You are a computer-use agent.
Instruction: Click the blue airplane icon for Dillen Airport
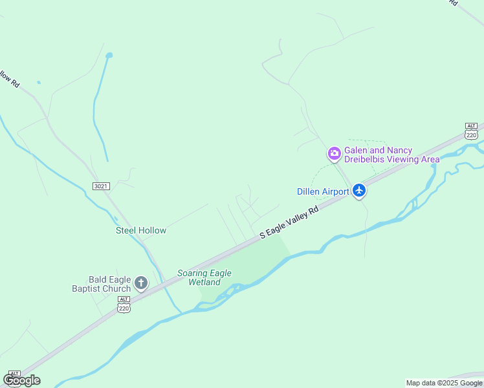coord(359,191)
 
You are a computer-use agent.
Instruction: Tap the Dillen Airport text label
coord(323,191)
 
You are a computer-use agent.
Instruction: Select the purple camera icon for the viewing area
coord(335,154)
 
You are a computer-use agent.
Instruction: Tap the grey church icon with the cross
coord(140,283)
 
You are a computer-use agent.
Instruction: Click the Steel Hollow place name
coord(141,230)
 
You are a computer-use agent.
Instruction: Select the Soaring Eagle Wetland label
coord(204,277)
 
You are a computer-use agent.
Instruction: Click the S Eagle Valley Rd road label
coord(289,222)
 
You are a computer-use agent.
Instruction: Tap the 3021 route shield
coord(101,186)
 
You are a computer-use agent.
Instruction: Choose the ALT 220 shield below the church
coord(124,304)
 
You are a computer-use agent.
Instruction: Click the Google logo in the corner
coord(21,380)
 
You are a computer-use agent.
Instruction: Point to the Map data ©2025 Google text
coord(444,383)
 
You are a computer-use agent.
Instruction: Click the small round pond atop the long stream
coord(109,55)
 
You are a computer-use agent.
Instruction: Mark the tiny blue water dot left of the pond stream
coord(39,83)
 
